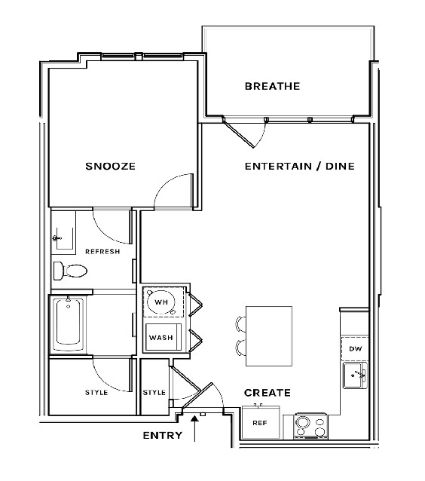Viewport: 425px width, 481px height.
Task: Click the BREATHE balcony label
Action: (272, 86)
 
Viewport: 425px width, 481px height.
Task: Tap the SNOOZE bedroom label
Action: (110, 167)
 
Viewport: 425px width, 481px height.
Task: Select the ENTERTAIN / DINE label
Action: (300, 167)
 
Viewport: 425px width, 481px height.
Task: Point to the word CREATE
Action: (268, 393)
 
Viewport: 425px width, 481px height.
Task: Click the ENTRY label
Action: (163, 435)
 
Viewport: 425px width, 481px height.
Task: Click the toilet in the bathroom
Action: (70, 271)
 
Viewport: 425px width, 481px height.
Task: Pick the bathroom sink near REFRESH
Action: (63, 238)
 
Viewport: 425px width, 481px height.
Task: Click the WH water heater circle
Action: (161, 302)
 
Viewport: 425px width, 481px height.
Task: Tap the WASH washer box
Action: (163, 337)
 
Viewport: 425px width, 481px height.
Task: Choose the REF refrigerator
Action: (261, 422)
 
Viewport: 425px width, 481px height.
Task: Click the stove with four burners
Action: (310, 426)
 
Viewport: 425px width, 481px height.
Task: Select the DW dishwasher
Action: (355, 348)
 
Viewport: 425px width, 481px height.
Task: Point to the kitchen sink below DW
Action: (356, 375)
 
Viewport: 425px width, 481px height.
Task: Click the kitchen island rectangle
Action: (269, 336)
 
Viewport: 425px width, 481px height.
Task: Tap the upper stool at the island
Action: (240, 324)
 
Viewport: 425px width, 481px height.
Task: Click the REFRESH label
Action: (102, 252)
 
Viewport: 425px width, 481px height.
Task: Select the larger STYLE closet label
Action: (96, 392)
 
